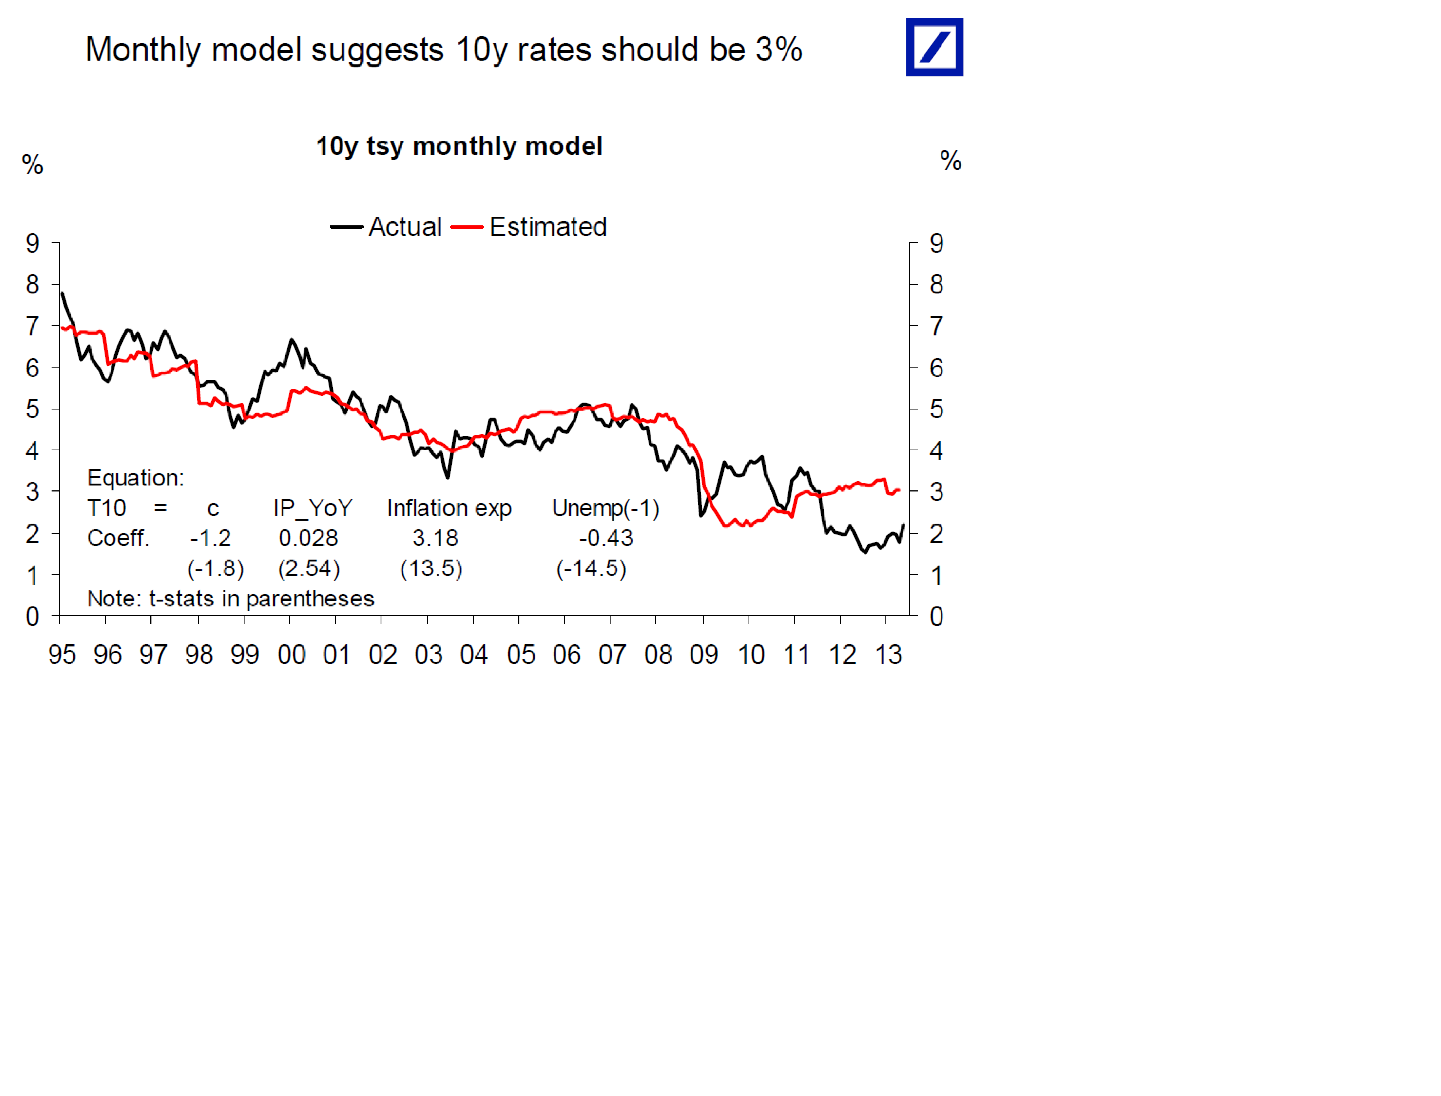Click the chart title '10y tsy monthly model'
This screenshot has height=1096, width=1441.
point(459,146)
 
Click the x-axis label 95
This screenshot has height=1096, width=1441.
point(62,654)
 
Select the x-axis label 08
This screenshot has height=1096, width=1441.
point(658,654)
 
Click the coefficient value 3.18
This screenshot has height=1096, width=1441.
point(435,538)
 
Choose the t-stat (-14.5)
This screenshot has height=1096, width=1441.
point(591,568)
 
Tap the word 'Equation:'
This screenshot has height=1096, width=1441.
point(135,478)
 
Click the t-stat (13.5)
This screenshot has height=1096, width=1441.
point(431,568)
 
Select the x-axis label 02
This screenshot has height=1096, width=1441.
point(383,654)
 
